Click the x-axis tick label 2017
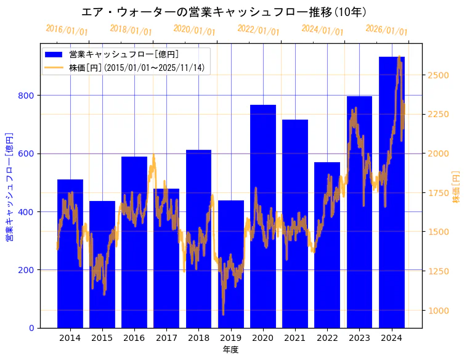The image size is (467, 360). (166, 338)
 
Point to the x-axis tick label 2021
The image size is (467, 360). (295, 338)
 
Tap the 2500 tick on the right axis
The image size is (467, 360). (439, 75)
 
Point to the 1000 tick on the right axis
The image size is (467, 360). (439, 311)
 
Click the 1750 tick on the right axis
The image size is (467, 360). (439, 193)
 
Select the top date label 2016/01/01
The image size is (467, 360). (67, 30)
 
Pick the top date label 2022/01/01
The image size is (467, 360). (258, 30)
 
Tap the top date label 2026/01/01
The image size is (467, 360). (386, 30)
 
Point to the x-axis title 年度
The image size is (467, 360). (230, 350)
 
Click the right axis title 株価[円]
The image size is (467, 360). (457, 186)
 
